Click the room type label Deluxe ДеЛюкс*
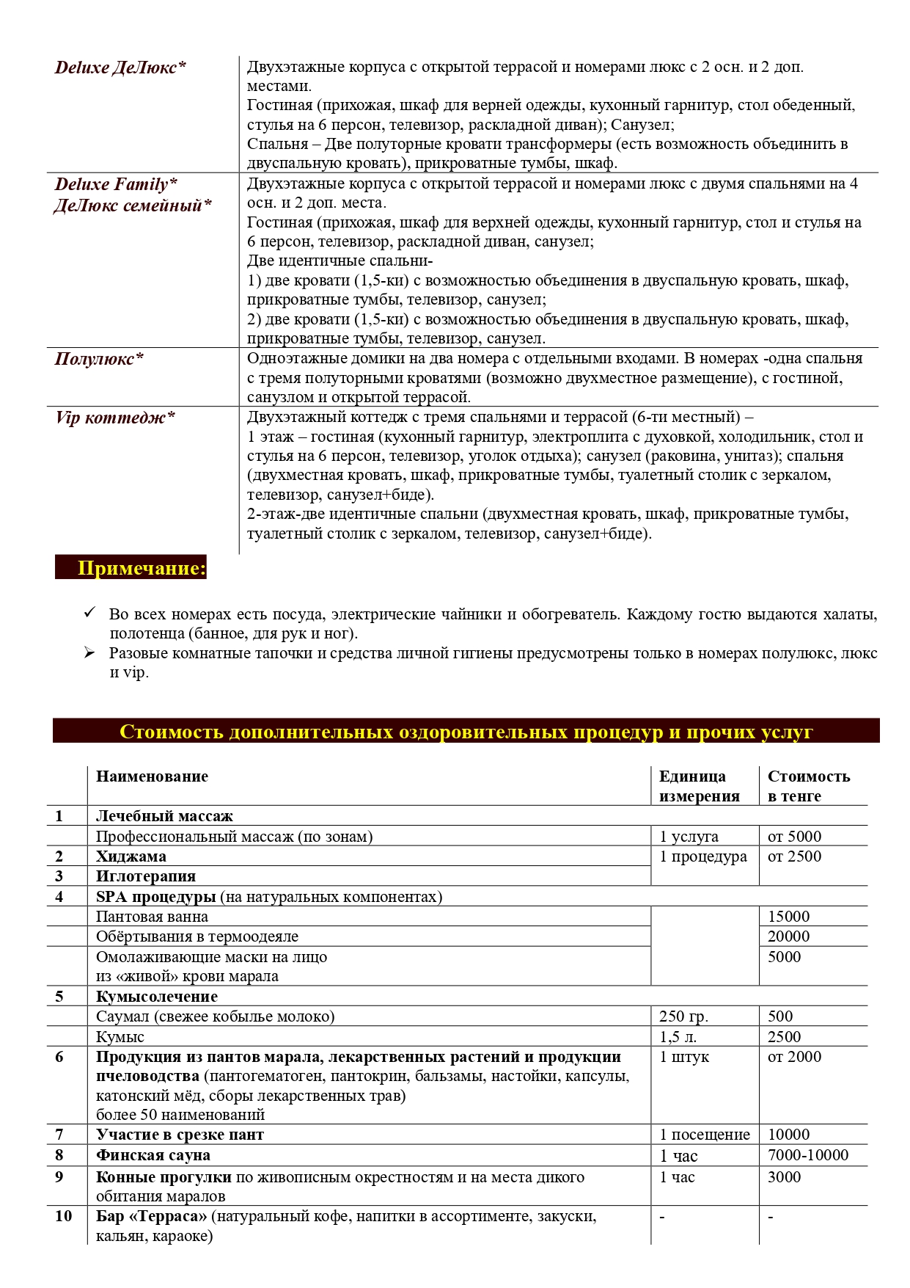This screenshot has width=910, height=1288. [x=120, y=68]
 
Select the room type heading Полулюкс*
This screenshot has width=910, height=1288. [x=99, y=359]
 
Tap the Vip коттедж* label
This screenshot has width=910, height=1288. [x=115, y=418]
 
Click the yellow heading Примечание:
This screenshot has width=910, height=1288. [x=142, y=568]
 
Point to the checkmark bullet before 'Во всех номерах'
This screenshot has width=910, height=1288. [x=90, y=613]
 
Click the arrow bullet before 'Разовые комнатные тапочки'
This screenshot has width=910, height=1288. [x=90, y=652]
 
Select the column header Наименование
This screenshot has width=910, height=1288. [x=152, y=776]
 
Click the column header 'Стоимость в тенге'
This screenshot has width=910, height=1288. [x=808, y=786]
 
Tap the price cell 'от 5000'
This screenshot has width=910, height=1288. [x=794, y=837]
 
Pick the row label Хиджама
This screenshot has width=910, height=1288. [x=131, y=856]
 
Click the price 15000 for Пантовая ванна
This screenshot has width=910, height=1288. [x=788, y=917]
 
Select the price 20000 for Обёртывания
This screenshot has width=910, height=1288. [x=788, y=936]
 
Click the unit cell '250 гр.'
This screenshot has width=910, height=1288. [x=683, y=1016]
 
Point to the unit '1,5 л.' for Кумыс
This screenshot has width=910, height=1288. [x=678, y=1037]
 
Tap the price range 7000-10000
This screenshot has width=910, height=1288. [x=807, y=1155]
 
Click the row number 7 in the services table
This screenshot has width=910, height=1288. [x=59, y=1135]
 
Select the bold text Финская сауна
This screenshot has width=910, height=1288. [x=153, y=1155]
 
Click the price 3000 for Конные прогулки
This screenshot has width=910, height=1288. [x=784, y=1177]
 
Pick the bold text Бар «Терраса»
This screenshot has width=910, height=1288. [x=152, y=1216]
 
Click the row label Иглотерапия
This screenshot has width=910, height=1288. [x=146, y=876]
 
